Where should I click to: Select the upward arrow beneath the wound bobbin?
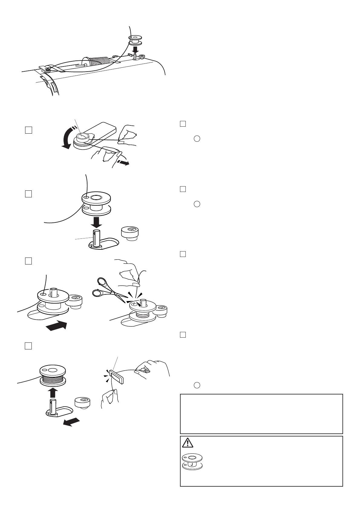53,392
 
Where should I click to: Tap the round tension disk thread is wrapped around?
82,138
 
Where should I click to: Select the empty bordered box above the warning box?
261,413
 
